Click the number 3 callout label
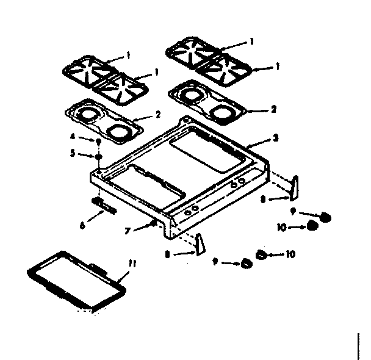pyautogui.click(x=276, y=138)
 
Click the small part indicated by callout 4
pyautogui.click(x=98, y=142)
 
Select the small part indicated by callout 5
pyautogui.click(x=98, y=156)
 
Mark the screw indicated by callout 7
pyautogui.click(x=153, y=224)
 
